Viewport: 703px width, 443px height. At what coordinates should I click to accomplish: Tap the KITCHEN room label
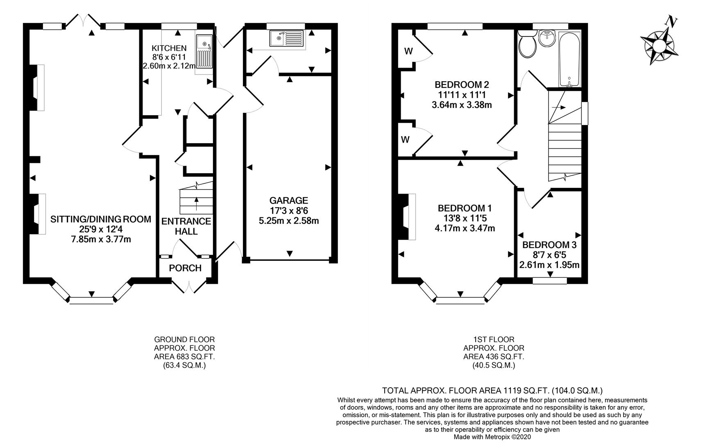pos(169,48)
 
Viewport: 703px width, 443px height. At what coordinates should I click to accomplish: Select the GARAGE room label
pos(288,201)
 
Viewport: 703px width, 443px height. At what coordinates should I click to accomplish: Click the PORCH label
pos(185,268)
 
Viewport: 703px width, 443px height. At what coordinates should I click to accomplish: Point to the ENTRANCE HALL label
pos(186,226)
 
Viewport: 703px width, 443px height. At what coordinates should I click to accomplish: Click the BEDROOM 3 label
pos(549,245)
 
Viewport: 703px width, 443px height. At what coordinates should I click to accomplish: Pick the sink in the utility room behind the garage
pos(286,39)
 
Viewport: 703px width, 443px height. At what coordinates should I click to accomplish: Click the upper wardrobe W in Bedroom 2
pos(408,51)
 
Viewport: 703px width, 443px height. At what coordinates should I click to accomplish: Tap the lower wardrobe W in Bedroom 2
pos(405,140)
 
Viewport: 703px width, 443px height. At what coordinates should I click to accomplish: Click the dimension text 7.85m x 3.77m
pos(101,239)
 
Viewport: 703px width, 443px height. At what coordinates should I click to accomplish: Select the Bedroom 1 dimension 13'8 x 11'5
pos(465,218)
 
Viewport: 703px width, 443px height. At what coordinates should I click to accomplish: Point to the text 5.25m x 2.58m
pos(289,221)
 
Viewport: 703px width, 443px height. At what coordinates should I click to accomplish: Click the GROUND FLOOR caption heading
pos(184,340)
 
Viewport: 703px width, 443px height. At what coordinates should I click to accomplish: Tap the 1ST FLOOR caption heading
pos(494,340)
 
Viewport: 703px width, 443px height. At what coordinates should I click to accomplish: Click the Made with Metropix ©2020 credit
pos(492,437)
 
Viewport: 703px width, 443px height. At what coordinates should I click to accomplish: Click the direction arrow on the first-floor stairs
pos(558,107)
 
